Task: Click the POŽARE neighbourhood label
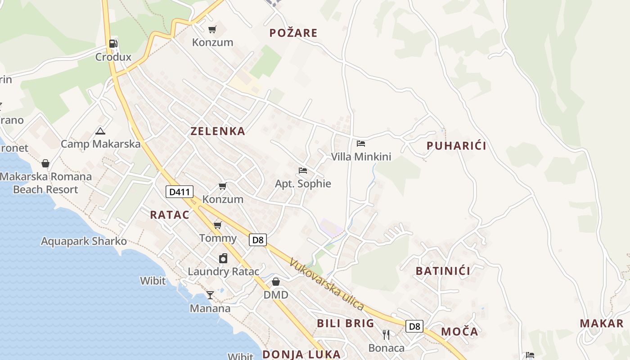click(x=293, y=33)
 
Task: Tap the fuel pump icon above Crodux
click(x=113, y=44)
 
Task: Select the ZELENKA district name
click(x=218, y=131)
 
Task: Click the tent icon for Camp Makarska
click(x=100, y=131)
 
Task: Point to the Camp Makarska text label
click(x=100, y=144)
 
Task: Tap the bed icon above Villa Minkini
click(x=360, y=144)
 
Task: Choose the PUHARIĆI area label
click(x=456, y=146)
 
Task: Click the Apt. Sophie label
click(x=303, y=184)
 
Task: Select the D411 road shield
click(x=180, y=192)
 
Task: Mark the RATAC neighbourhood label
click(x=170, y=215)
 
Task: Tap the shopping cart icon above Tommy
click(x=218, y=225)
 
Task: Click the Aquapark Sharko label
click(x=84, y=241)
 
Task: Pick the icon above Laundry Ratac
click(x=223, y=258)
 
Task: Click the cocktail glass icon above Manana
click(x=210, y=295)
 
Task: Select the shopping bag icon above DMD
click(x=276, y=282)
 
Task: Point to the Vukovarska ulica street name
click(x=327, y=284)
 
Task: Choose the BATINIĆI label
click(x=443, y=271)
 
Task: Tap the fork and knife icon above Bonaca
click(x=386, y=335)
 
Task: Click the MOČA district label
click(x=459, y=332)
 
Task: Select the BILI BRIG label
click(x=346, y=323)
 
